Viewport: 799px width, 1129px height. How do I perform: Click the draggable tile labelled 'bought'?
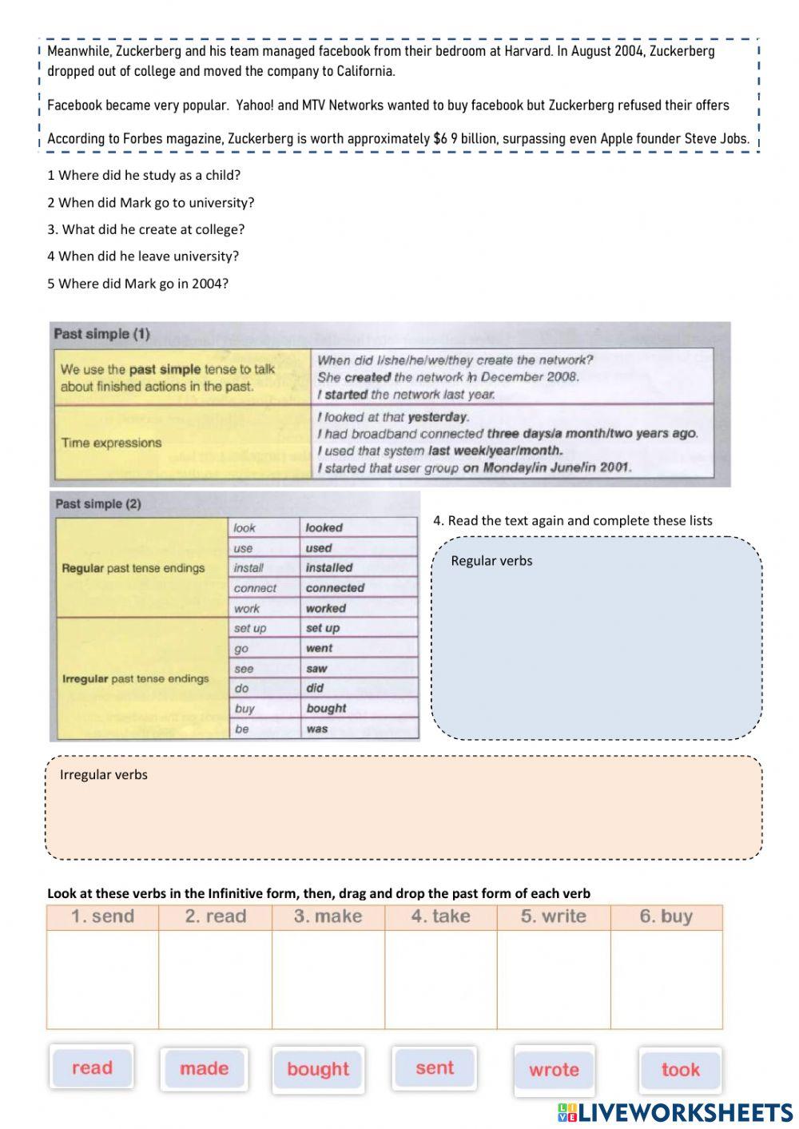point(318,1069)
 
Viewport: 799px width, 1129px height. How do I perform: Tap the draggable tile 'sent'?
point(435,1067)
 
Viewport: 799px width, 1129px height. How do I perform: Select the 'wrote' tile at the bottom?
point(554,1070)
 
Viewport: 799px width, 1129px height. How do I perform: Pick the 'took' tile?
point(680,1070)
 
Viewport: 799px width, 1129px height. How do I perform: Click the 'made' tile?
point(204,1069)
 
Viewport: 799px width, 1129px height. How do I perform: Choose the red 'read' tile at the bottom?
point(92,1067)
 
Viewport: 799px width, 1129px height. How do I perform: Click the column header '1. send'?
point(102,916)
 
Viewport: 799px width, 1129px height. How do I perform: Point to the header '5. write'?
point(553,916)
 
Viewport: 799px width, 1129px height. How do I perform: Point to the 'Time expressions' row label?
point(111,443)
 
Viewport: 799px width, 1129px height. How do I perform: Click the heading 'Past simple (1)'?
point(101,334)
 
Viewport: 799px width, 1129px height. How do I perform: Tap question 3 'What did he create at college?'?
point(145,229)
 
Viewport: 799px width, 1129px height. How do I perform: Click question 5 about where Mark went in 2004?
point(137,284)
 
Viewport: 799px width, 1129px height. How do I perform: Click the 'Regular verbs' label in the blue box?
point(491,561)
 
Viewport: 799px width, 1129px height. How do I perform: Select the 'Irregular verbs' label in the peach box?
point(104,774)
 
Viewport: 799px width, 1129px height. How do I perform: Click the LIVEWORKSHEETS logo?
point(675,1112)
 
